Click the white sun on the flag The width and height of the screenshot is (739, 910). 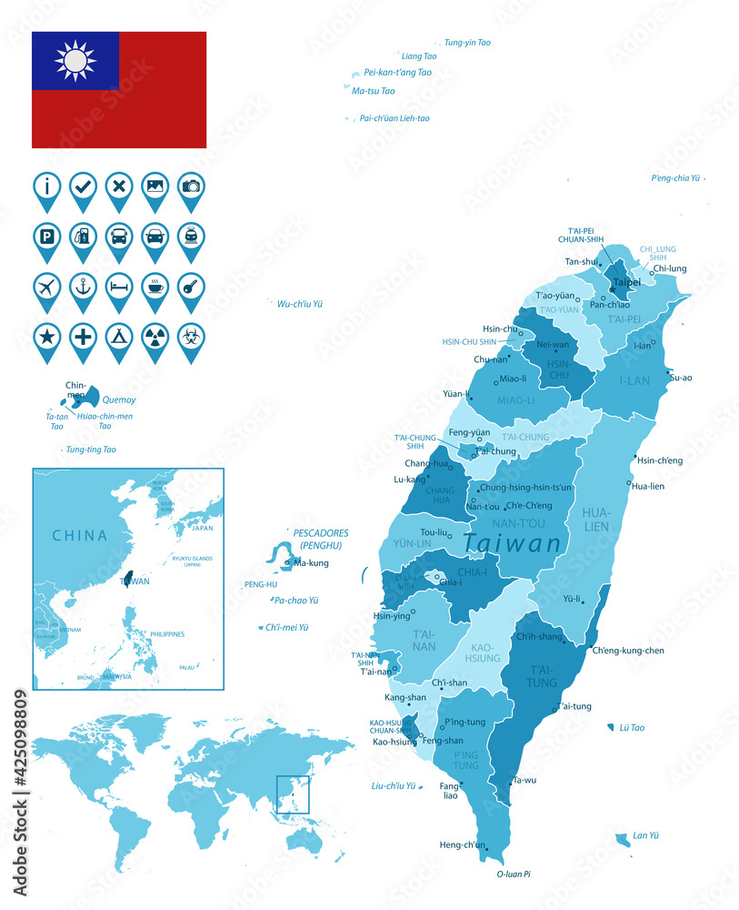(75, 61)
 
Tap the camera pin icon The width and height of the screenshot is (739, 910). (190, 186)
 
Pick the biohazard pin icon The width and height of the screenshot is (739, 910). (190, 336)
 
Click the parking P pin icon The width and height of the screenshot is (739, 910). (47, 236)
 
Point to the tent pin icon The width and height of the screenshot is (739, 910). (118, 336)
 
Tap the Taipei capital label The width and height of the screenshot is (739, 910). (627, 282)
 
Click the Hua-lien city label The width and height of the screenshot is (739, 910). (648, 486)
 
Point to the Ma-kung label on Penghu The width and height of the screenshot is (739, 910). (312, 562)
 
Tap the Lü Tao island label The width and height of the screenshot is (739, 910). (632, 728)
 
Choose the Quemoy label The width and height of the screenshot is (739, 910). (119, 399)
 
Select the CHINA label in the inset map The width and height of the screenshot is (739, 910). (79, 535)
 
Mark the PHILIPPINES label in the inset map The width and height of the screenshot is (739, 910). (167, 634)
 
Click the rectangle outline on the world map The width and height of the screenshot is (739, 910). (293, 794)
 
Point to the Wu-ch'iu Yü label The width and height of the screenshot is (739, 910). (300, 304)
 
